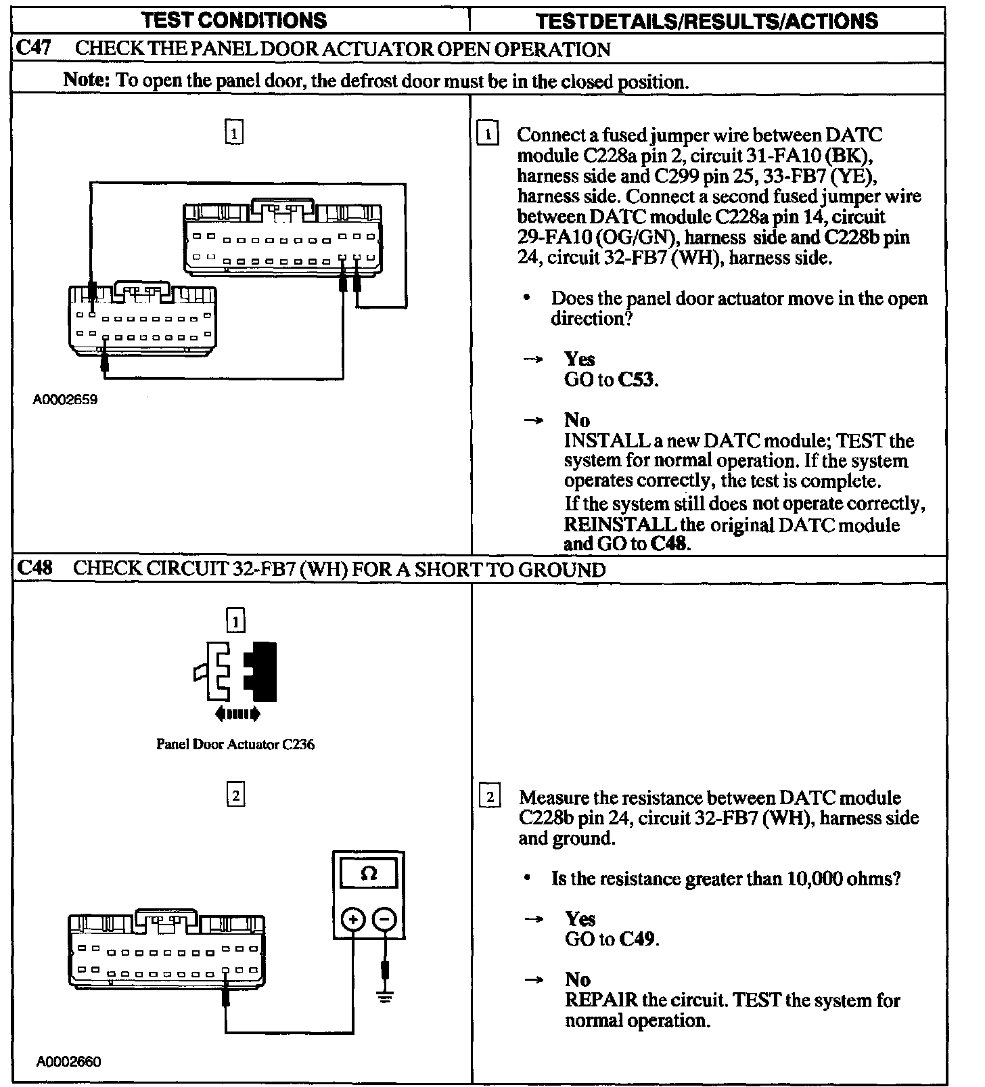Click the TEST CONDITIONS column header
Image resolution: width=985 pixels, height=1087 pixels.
coord(235,20)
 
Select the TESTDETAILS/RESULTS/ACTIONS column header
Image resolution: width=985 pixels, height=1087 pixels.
coord(706,21)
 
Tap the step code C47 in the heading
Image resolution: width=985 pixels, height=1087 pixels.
coord(33,49)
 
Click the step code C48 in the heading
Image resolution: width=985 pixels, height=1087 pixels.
coord(34,568)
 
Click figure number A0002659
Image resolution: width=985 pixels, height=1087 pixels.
coord(65,400)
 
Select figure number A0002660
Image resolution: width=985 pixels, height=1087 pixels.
coord(68,1062)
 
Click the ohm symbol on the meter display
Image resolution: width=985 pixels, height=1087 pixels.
coord(369,874)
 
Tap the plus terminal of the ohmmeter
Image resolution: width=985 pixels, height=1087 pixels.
coord(352,919)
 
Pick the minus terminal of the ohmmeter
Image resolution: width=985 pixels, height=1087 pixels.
coord(384,919)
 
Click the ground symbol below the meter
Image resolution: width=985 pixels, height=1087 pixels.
coord(385,997)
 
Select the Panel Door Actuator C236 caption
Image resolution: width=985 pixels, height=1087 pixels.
coord(235,745)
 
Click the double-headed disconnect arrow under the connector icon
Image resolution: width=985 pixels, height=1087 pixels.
coord(237,713)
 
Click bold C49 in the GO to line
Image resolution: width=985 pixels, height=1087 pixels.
coord(637,939)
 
